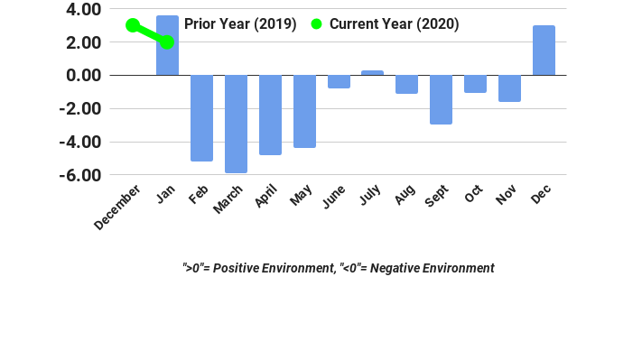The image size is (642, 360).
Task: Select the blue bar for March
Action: [236, 124]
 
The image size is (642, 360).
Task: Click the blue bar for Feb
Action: [201, 118]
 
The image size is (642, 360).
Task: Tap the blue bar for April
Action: [270, 115]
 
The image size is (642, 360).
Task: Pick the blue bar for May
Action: [304, 111]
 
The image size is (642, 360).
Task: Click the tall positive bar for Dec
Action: [544, 51]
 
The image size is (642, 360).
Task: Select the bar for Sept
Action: [441, 99]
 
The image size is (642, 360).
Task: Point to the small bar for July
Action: [372, 72]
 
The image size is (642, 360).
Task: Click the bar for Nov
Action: [509, 88]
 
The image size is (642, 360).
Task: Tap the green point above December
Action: [133, 25]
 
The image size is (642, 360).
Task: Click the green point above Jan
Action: [167, 42]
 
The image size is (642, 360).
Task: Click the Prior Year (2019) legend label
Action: [240, 24]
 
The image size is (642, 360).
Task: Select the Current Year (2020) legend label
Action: [394, 24]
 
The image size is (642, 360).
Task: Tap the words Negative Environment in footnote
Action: [433, 268]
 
